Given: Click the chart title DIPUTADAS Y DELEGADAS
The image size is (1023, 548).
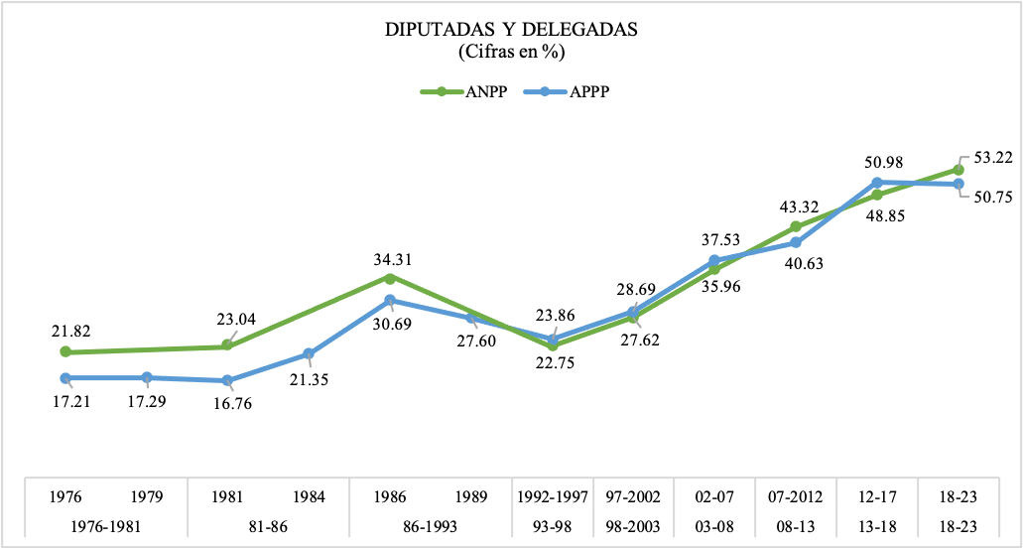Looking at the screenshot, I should pyautogui.click(x=511, y=30).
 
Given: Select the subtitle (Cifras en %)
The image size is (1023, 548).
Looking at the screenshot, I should pyautogui.click(x=511, y=51).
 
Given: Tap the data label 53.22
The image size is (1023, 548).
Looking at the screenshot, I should pyautogui.click(x=992, y=159).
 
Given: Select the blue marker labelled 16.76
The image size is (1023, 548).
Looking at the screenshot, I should pyautogui.click(x=227, y=380).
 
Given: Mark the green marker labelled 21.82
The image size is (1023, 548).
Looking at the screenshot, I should pyautogui.click(x=65, y=351).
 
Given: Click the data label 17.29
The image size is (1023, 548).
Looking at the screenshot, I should pyautogui.click(x=147, y=405).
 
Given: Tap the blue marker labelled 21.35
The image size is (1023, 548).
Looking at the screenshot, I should pyautogui.click(x=309, y=353).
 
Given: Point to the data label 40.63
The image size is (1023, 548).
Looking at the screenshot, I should pyautogui.click(x=797, y=265).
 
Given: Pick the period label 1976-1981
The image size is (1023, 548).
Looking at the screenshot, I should pyautogui.click(x=105, y=527).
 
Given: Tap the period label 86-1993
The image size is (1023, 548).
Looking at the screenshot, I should pyautogui.click(x=430, y=527).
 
